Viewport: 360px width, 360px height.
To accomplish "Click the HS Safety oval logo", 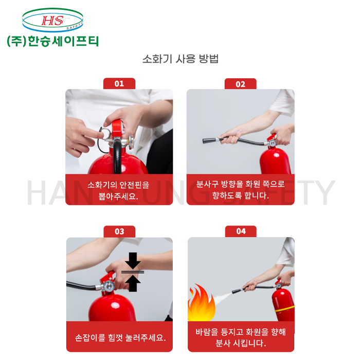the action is point(52,20).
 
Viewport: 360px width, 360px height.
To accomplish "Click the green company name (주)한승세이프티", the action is point(53,41).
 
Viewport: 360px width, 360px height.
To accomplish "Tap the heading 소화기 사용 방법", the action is point(180,59).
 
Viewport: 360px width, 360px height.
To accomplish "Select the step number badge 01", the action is point(119,83).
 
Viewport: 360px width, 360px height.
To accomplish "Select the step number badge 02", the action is point(240,84).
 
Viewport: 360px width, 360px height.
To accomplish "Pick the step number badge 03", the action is point(119,231).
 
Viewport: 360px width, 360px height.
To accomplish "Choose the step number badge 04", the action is point(241,231).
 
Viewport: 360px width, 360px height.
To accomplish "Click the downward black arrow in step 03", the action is point(133,261).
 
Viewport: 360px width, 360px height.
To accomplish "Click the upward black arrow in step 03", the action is point(133,283).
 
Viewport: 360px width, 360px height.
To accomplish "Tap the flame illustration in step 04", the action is point(201,302).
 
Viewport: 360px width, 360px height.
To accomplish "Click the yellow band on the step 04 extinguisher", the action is point(285,309).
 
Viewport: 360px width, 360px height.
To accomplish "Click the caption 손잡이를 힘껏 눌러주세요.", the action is point(120,337).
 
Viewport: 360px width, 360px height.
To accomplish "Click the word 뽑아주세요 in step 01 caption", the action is point(118,196).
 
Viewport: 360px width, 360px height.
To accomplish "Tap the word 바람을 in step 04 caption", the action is point(207,332).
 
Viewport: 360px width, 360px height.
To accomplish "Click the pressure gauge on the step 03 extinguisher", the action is point(108,286).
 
